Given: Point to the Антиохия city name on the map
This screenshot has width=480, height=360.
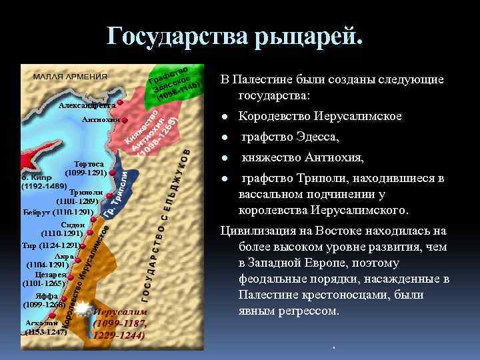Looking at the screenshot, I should pyautogui.click(x=100, y=120).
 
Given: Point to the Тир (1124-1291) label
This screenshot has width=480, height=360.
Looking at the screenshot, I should pyautogui.click(x=51, y=245).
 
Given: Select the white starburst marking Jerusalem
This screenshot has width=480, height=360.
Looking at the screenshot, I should pyautogui.click(x=82, y=309).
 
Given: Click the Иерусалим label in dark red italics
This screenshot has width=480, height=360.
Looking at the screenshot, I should pyautogui.click(x=121, y=312).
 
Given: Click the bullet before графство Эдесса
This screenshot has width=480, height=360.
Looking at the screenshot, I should pyautogui.click(x=226, y=138).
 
